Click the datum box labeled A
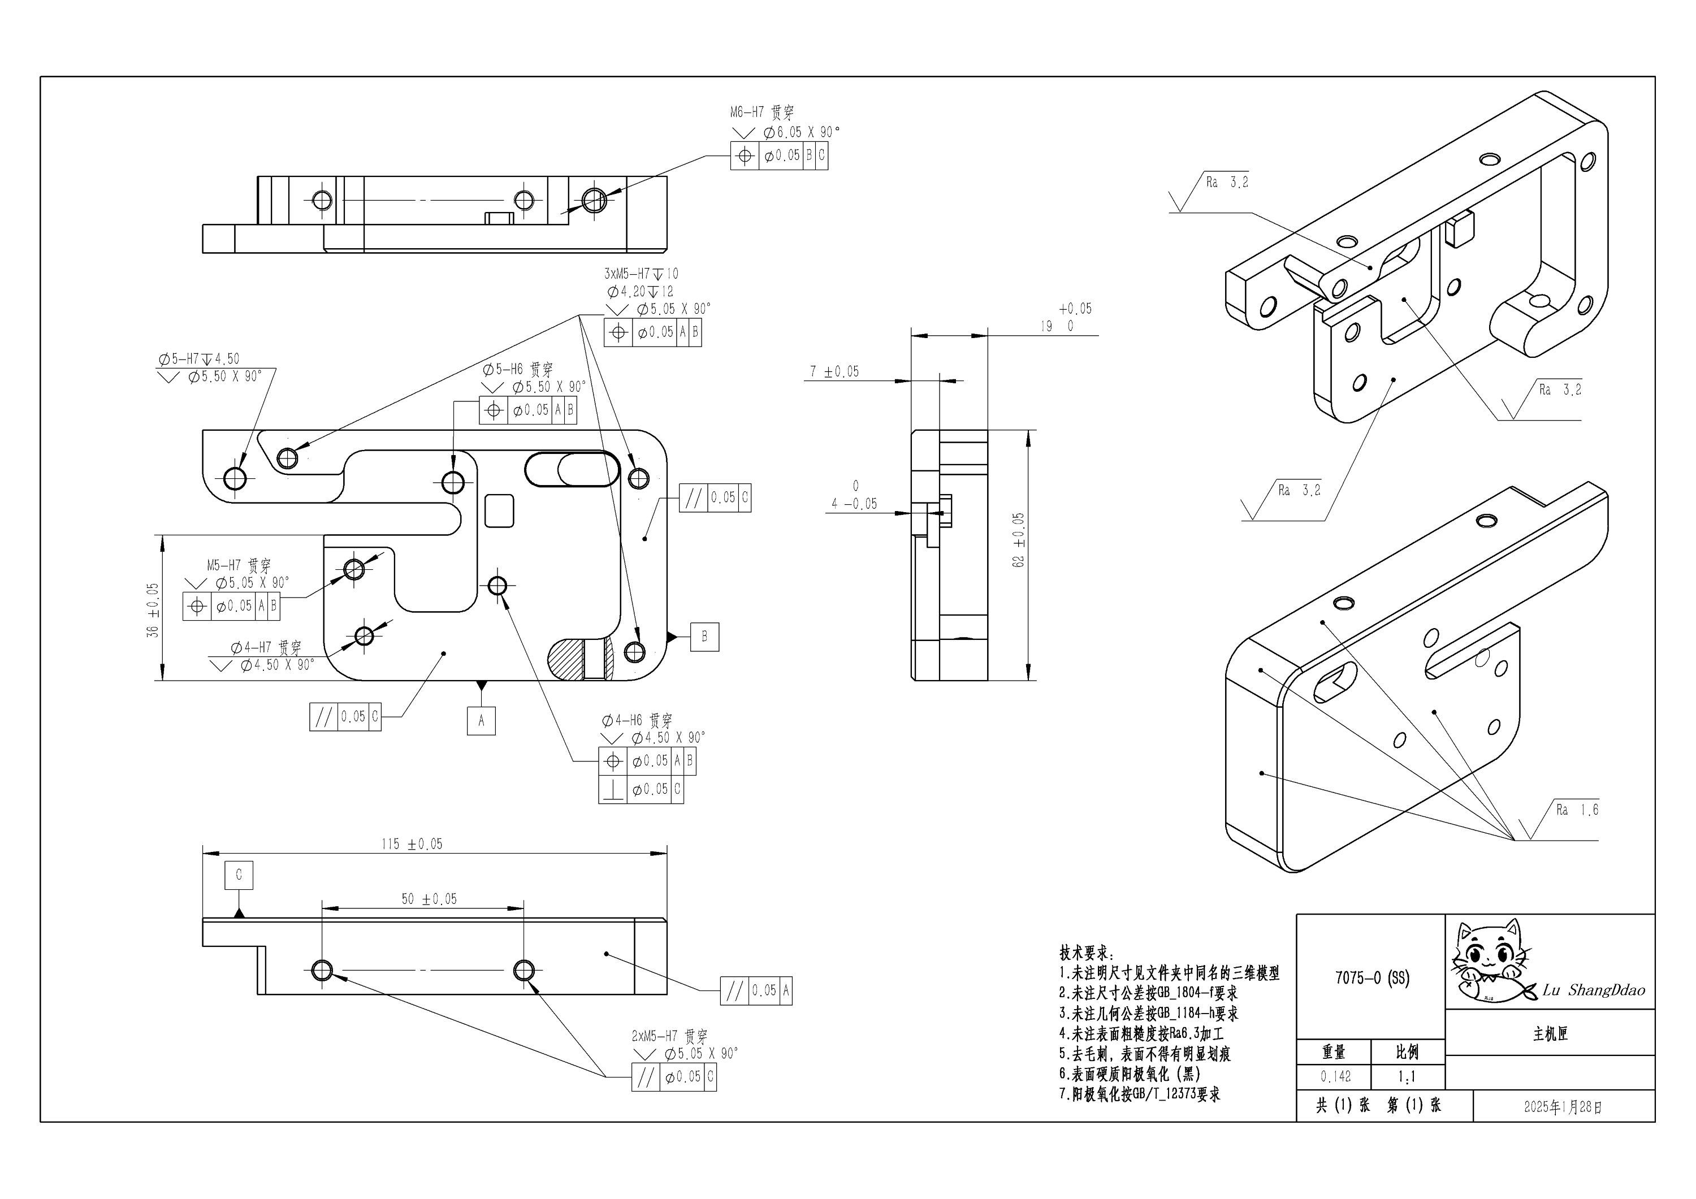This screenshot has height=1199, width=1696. click(x=481, y=720)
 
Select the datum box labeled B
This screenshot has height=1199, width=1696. click(x=704, y=636)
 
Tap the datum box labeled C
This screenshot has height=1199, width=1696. click(x=239, y=875)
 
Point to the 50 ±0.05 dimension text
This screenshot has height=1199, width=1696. click(x=429, y=899)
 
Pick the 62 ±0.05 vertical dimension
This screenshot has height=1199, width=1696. click(x=1019, y=540)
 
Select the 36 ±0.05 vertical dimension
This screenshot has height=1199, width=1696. click(x=153, y=610)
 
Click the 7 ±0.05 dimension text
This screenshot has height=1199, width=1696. click(x=834, y=371)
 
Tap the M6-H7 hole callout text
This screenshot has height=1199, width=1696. click(x=762, y=113)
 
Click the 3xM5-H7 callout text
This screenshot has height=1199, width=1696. click(x=641, y=274)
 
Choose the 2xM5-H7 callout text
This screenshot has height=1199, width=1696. click(x=668, y=1036)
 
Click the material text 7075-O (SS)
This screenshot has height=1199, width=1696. click(x=1371, y=978)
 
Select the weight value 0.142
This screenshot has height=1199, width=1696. click(x=1335, y=1077)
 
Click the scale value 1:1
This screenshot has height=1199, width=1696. click(x=1407, y=1077)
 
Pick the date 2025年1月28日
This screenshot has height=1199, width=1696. click(x=1563, y=1107)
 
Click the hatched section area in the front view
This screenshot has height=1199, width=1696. click(x=566, y=660)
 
